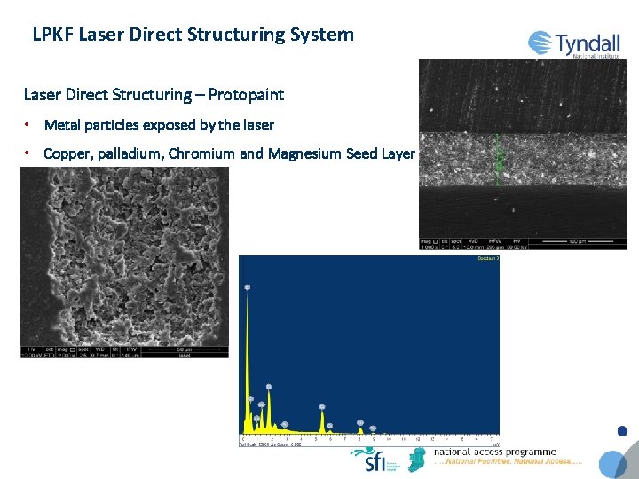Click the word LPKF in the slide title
tap(52, 35)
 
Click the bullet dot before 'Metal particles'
tap(28, 124)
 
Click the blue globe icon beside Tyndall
tap(540, 43)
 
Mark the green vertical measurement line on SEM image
tap(497, 158)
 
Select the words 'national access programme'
tap(494, 452)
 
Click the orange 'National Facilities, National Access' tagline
tap(508, 462)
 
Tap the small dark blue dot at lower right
tap(622, 432)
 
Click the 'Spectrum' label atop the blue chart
tap(489, 258)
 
